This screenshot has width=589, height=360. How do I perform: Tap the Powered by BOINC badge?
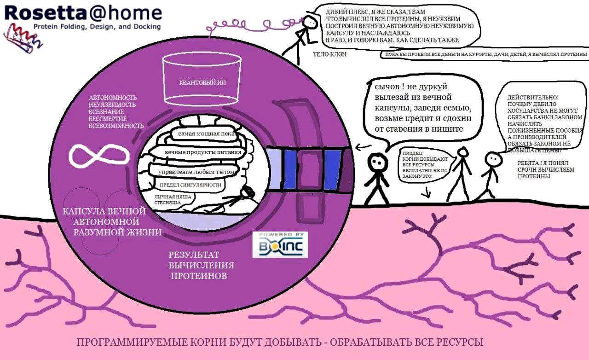(x=280, y=244)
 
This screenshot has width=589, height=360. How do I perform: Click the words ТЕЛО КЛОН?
(x=329, y=54)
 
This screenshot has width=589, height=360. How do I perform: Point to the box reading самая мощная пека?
(x=203, y=134)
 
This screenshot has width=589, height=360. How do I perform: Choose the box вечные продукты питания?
(x=202, y=152)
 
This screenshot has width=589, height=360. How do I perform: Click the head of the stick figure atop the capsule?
(x=312, y=21)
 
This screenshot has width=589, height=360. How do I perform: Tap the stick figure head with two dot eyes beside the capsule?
(x=377, y=162)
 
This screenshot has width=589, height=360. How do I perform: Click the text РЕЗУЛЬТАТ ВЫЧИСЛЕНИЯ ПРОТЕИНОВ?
(x=200, y=265)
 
